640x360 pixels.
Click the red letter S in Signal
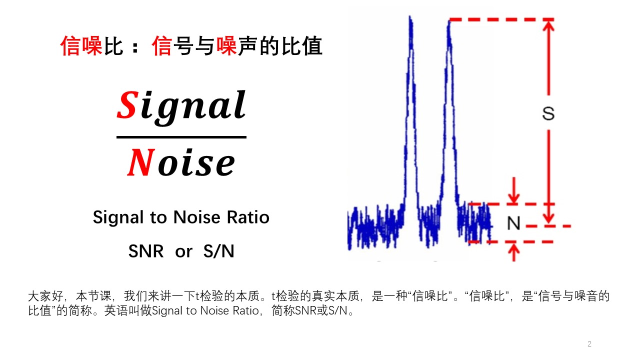127,105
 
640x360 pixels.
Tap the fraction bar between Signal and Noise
181,137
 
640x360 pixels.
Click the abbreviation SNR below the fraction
146,251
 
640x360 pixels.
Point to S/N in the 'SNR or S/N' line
218,251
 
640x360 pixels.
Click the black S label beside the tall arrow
548,114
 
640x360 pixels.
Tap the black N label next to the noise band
513,223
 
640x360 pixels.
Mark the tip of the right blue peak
449,21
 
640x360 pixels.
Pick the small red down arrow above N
514,198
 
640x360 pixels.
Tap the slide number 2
589,344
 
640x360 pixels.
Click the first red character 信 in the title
70,46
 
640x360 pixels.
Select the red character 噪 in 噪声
226,46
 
